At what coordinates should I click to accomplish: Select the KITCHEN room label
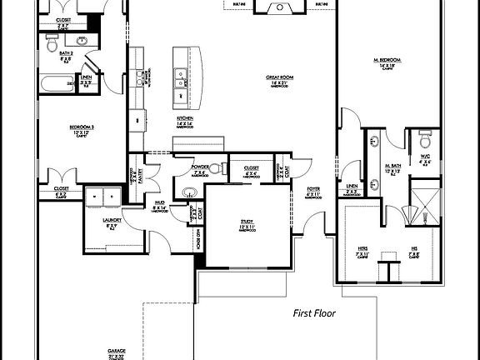coord(184,121)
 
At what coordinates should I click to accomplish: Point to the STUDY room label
coord(247,223)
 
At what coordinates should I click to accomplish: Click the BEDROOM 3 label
coord(81,128)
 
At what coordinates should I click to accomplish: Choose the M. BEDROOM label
coord(388,62)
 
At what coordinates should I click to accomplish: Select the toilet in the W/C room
coord(425,137)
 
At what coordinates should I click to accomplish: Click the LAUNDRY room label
coord(112,222)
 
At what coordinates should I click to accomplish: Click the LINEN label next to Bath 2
coord(86,82)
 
